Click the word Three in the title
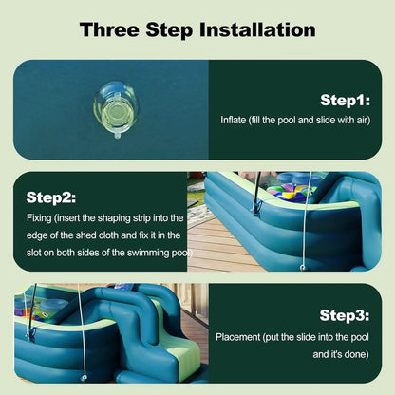click(x=109, y=29)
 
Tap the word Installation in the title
click(x=257, y=29)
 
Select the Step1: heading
click(x=345, y=101)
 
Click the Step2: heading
click(x=51, y=197)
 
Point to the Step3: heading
click(x=345, y=315)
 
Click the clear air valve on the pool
click(x=116, y=109)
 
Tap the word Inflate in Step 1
click(x=234, y=120)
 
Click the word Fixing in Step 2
click(x=39, y=218)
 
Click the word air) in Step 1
click(x=362, y=121)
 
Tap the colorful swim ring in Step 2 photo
click(x=287, y=192)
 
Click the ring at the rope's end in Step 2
click(x=303, y=268)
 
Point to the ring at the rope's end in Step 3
click(x=84, y=377)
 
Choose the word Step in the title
click(x=170, y=30)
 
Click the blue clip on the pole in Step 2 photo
click(x=257, y=207)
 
